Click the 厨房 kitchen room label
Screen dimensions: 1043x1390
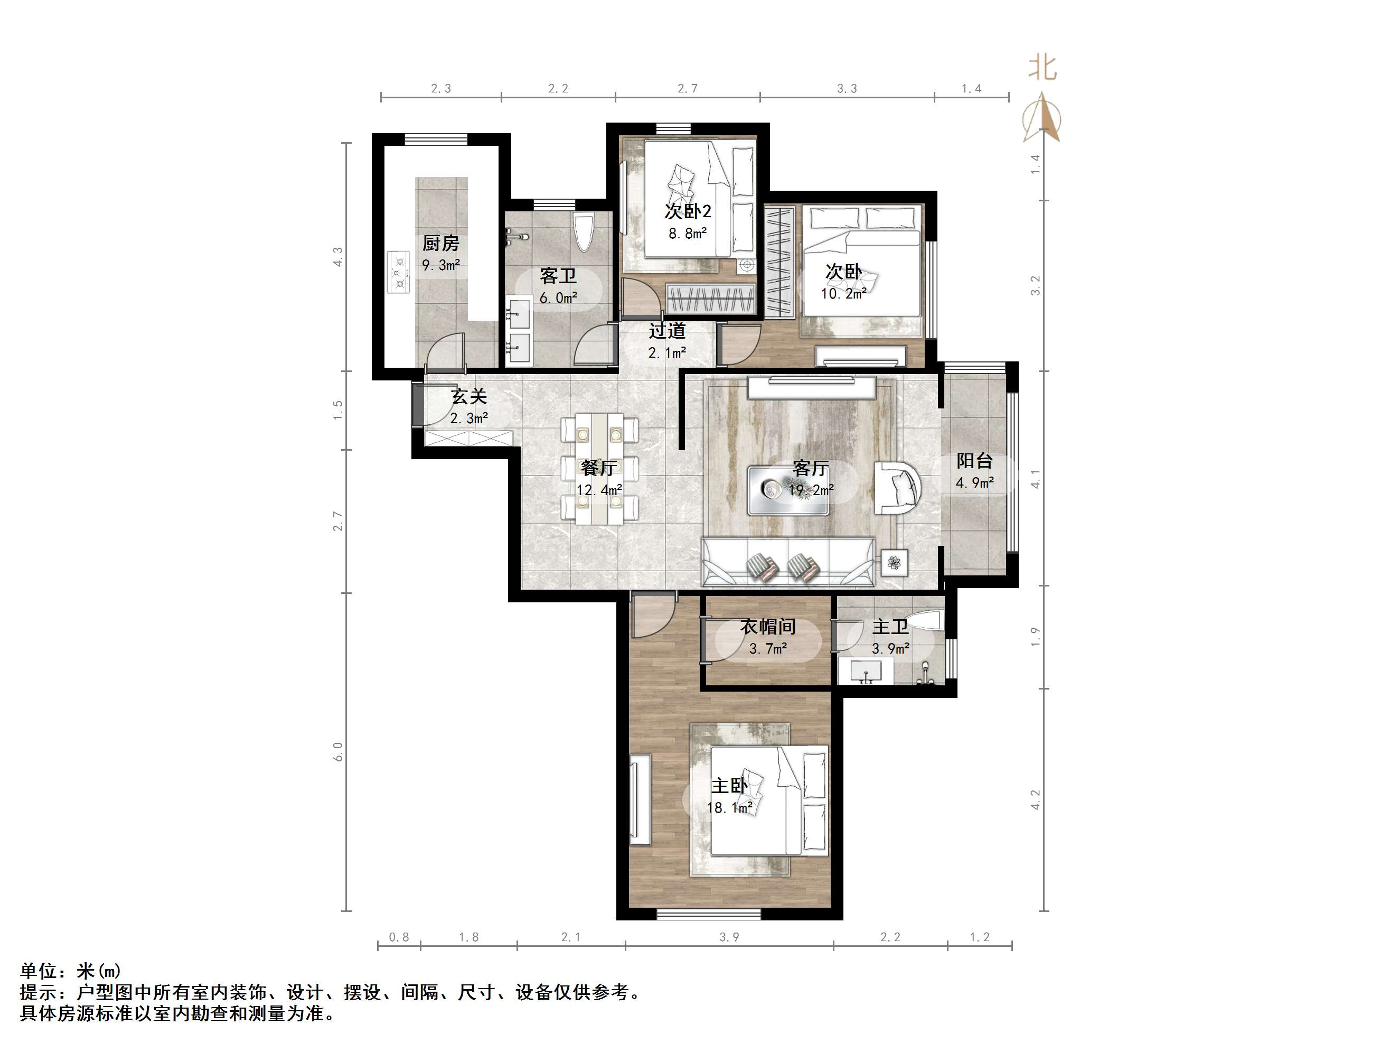440,243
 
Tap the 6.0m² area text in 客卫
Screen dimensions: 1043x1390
558,298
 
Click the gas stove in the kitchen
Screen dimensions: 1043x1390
398,272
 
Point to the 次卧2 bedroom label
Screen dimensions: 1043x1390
688,211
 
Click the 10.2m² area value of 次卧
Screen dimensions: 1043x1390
843,294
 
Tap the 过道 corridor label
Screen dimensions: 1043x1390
666,331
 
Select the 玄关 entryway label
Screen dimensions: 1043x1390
469,397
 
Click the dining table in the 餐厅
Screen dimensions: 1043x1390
599,468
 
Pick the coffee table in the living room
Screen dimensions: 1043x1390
787,490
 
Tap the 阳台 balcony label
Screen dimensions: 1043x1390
974,461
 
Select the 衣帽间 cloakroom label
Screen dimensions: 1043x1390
767,626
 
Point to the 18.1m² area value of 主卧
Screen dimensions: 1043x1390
729,807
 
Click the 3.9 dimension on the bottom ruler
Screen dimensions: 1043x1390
729,937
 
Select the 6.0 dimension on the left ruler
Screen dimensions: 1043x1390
338,751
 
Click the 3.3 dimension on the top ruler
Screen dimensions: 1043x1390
847,89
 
